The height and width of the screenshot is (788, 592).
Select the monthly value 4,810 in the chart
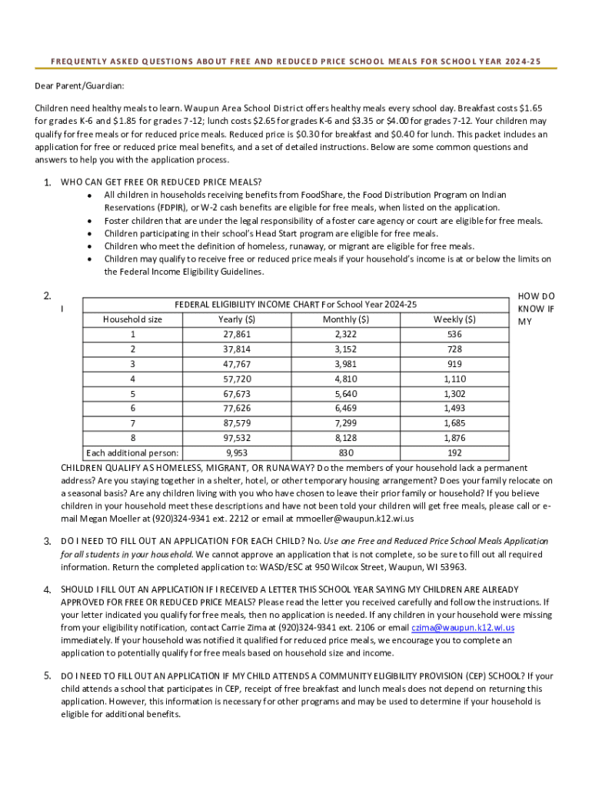pyautogui.click(x=346, y=379)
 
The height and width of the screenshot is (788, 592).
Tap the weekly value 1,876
pyautogui.click(x=454, y=438)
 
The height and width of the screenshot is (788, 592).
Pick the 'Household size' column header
pyautogui.click(x=132, y=319)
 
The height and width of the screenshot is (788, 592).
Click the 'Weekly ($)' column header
pyautogui.click(x=454, y=319)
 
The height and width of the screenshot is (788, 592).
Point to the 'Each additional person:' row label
pyautogui.click(x=133, y=453)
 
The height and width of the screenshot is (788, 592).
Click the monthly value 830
pyautogui.click(x=346, y=453)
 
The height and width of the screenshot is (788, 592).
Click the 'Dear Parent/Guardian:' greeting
pyautogui.click(x=79, y=86)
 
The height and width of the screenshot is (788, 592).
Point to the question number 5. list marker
pyautogui.click(x=47, y=676)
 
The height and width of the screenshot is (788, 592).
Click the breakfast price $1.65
pyautogui.click(x=531, y=109)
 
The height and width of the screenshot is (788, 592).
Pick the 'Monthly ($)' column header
pyautogui.click(x=346, y=319)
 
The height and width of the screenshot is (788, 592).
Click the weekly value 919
pyautogui.click(x=454, y=364)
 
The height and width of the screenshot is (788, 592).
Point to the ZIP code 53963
pyautogui.click(x=450, y=568)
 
